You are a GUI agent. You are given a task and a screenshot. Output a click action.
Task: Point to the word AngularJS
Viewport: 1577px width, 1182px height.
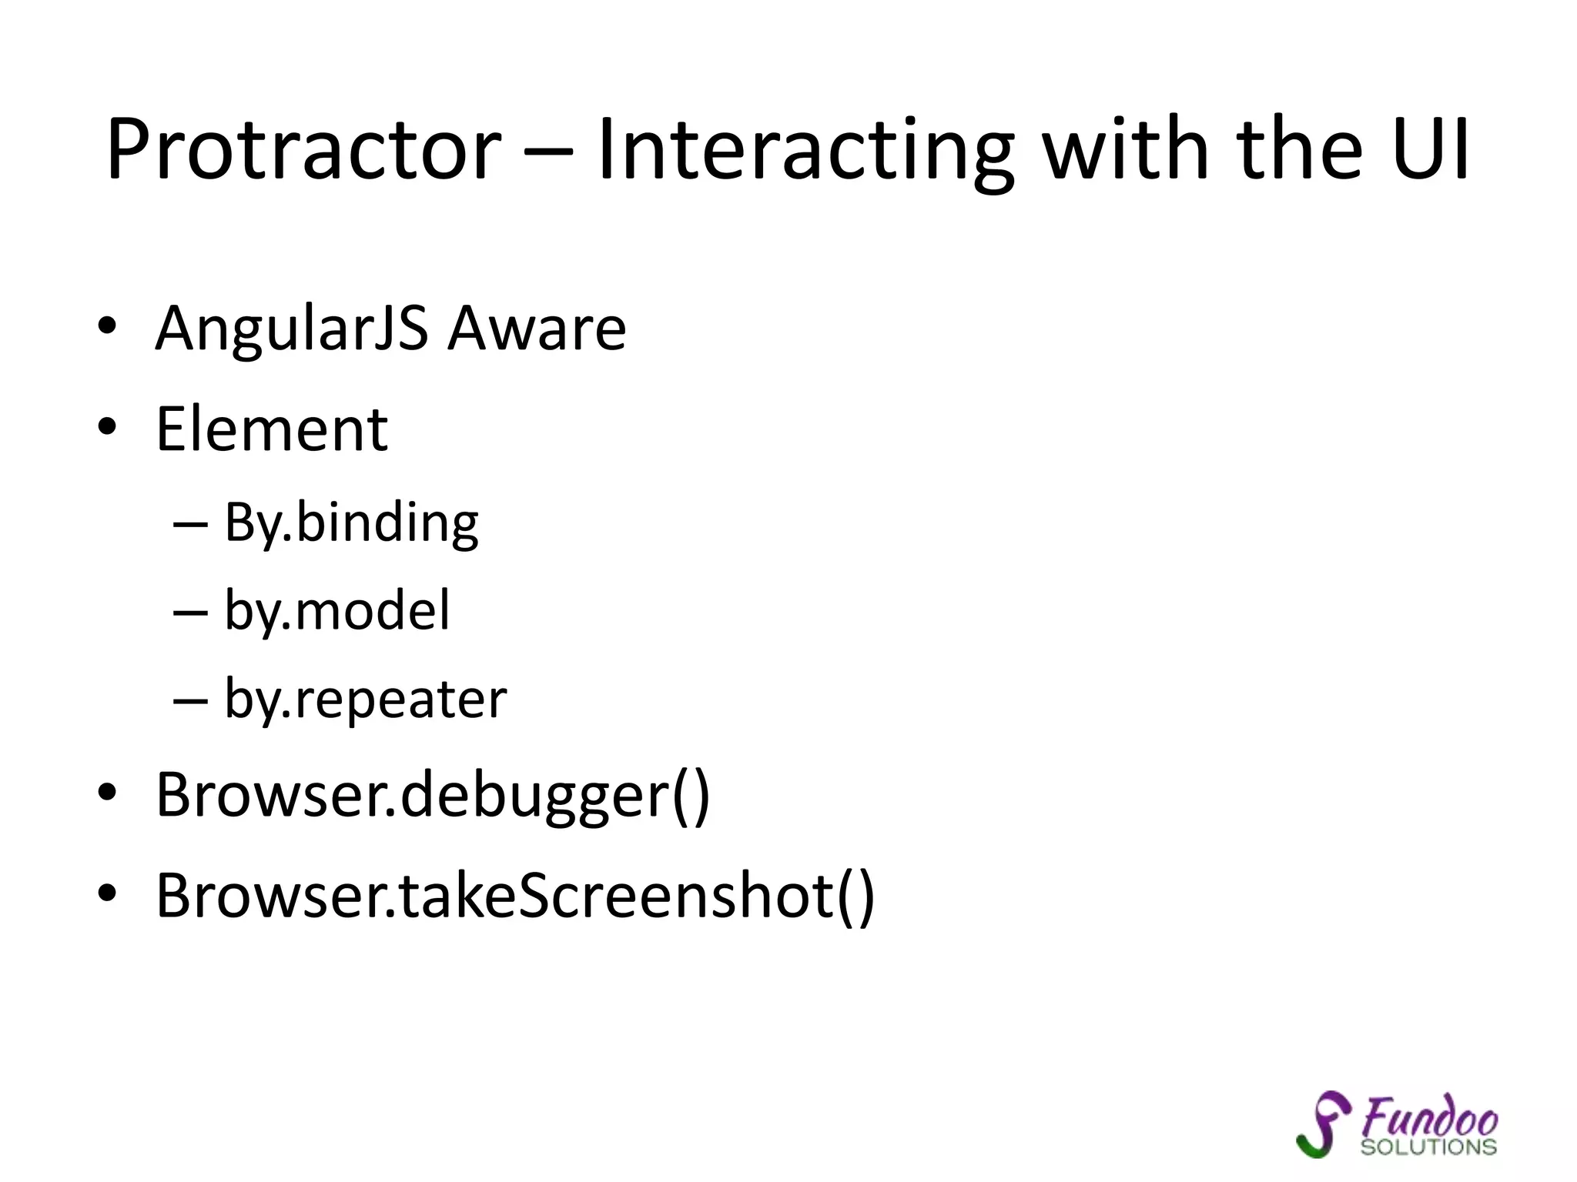point(292,329)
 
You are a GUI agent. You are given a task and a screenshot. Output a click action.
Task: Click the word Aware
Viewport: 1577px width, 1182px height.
point(537,329)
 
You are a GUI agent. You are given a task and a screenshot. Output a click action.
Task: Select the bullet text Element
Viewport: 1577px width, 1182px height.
point(272,429)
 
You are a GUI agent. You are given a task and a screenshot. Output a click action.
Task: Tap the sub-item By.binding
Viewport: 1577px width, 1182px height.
point(351,523)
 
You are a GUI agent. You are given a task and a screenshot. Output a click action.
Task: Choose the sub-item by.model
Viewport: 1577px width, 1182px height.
point(336,611)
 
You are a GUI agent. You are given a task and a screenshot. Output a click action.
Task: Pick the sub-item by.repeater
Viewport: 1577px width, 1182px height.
point(365,700)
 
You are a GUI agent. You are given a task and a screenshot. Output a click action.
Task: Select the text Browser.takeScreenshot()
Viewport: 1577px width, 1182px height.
point(515,896)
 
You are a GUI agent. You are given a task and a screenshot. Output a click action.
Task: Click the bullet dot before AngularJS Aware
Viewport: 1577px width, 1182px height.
point(107,327)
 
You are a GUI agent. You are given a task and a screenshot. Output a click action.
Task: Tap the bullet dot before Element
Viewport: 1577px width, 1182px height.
point(107,427)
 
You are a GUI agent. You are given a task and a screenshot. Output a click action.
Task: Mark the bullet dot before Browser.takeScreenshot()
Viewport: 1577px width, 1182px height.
point(107,893)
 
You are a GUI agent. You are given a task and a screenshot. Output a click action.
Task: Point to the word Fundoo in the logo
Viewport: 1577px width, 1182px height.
point(1430,1117)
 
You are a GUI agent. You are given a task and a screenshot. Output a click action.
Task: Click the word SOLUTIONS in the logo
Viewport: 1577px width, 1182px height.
point(1428,1147)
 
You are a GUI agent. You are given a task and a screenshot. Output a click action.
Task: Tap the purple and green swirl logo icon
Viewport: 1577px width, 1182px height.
point(1323,1124)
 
